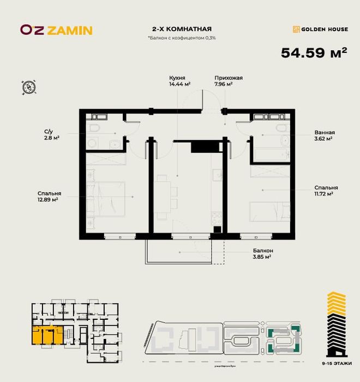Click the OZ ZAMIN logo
point(56,30)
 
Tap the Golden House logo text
point(320,29)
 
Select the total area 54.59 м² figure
point(314,53)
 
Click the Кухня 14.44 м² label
point(179,81)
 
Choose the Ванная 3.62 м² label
point(324,135)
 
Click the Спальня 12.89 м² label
point(49,196)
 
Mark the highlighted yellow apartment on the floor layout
point(46,335)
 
